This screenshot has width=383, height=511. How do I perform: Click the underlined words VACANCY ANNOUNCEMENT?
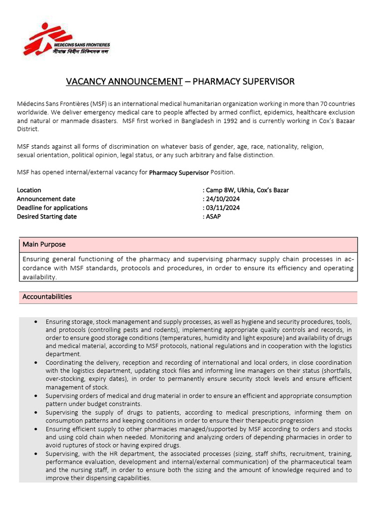pyautogui.click(x=125, y=81)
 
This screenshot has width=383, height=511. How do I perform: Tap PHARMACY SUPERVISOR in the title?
pyautogui.click(x=244, y=81)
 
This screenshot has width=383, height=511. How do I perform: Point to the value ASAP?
pyautogui.click(x=213, y=217)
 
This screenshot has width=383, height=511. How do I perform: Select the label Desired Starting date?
pyautogui.click(x=47, y=217)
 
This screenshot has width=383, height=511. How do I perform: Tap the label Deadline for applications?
pyautogui.click(x=52, y=208)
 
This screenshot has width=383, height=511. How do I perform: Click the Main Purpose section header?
pyautogui.click(x=44, y=245)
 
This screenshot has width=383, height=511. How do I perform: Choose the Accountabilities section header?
pyautogui.click(x=47, y=297)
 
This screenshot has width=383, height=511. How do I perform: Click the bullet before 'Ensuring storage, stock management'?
pyautogui.click(x=36, y=322)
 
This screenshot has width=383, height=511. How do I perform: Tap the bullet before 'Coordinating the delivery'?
pyautogui.click(x=36, y=363)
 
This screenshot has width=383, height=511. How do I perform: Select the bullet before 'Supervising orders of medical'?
pyautogui.click(x=36, y=396)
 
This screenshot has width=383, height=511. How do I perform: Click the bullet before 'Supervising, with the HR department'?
pyautogui.click(x=36, y=454)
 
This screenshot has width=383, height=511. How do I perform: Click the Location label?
pyautogui.click(x=29, y=190)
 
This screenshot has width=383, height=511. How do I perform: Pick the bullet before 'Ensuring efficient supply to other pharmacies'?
pyautogui.click(x=36, y=429)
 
